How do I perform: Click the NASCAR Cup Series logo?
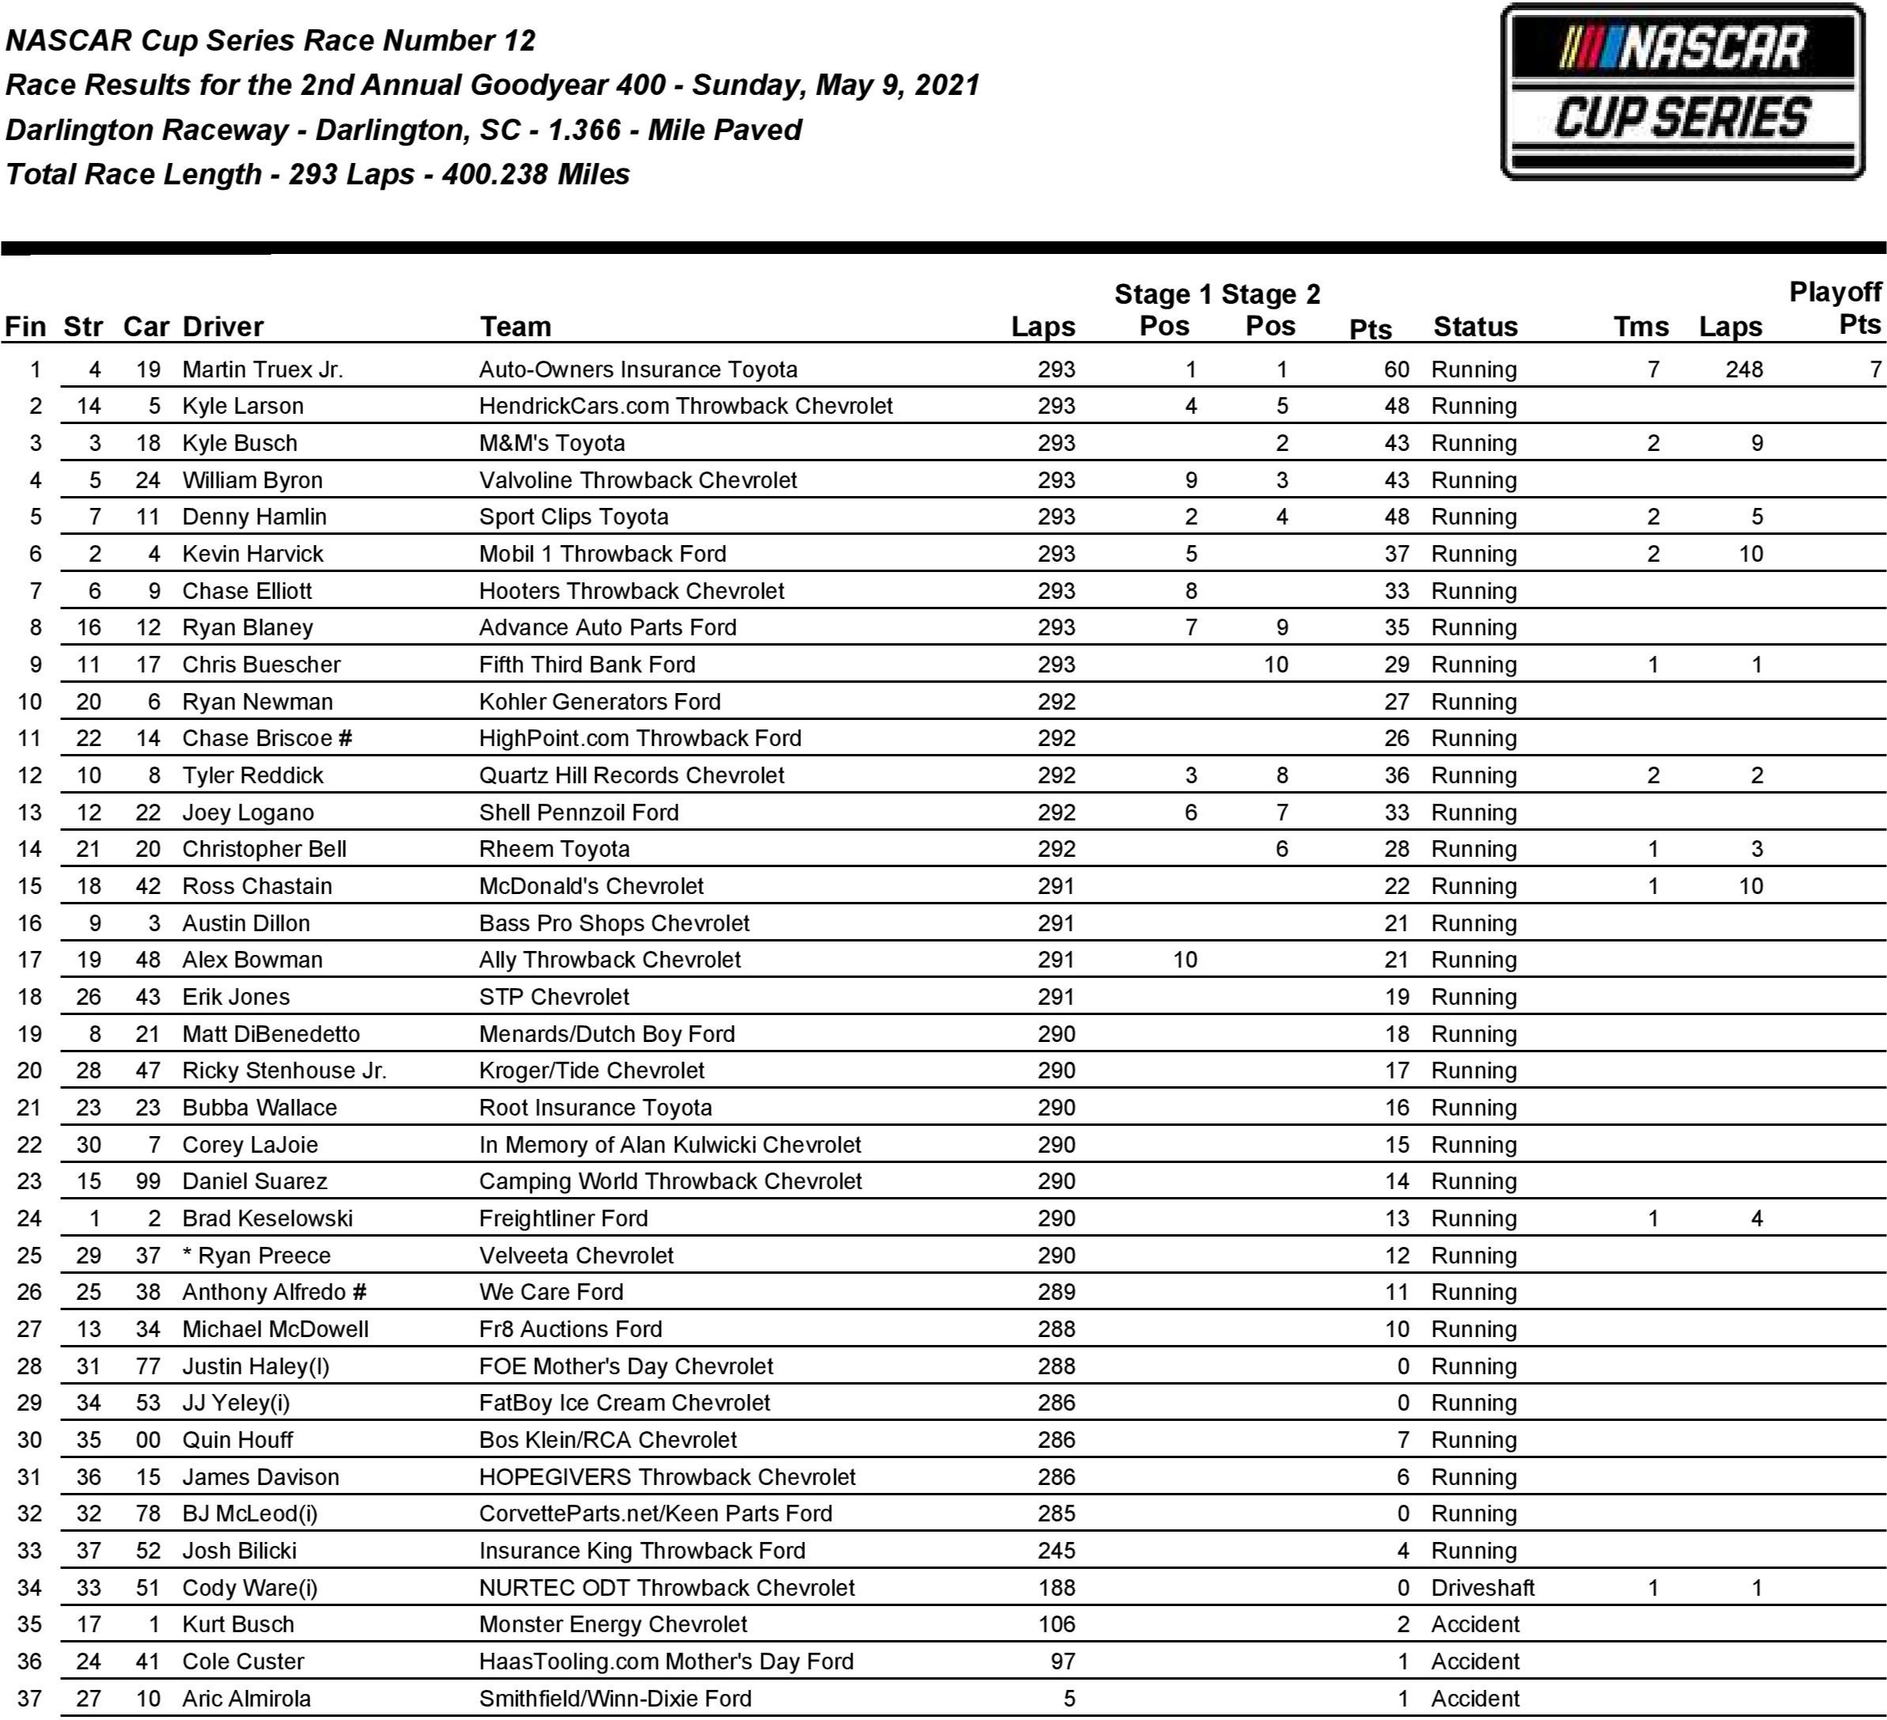point(1682,93)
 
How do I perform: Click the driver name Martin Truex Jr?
point(262,369)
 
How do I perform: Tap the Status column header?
point(1475,327)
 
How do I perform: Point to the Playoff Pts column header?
point(1835,308)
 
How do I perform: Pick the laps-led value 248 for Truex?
point(1744,369)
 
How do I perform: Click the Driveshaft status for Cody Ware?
point(1483,1588)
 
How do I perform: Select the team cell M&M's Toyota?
point(552,444)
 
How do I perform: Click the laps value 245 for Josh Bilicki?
point(1056,1551)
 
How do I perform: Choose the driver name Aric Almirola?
point(246,1699)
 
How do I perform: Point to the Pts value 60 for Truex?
point(1396,369)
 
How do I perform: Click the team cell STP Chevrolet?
point(554,997)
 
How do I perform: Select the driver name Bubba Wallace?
point(260,1108)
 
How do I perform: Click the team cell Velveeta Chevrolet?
point(575,1256)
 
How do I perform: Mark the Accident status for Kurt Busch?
point(1475,1624)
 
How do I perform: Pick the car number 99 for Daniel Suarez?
point(148,1182)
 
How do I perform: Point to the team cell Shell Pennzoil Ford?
point(579,813)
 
